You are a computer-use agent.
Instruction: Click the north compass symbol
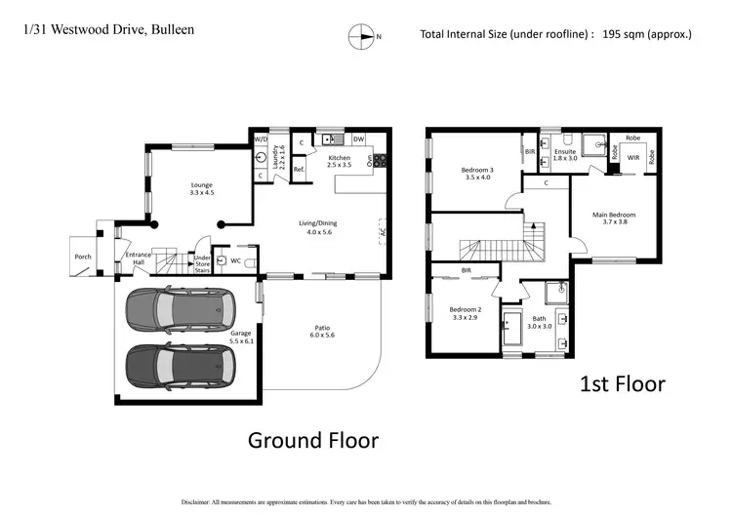click(x=362, y=37)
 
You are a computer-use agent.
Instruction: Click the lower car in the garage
click(x=180, y=367)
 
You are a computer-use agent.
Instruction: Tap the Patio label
click(x=321, y=330)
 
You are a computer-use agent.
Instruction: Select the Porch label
click(x=83, y=258)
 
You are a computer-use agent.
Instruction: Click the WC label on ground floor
click(x=236, y=260)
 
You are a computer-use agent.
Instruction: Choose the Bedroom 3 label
click(x=477, y=174)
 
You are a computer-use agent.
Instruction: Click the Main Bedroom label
click(x=614, y=218)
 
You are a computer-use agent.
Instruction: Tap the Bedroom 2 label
click(x=465, y=312)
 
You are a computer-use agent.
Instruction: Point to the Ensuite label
click(x=565, y=154)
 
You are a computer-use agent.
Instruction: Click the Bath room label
click(x=539, y=322)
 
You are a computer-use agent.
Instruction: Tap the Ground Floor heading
click(x=312, y=440)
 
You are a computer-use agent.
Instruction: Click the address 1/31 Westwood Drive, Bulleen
click(x=108, y=30)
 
